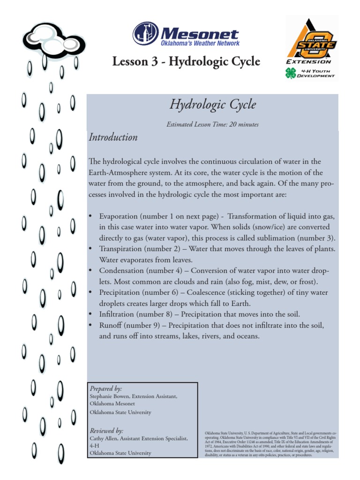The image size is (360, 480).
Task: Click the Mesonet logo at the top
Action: [x=186, y=34]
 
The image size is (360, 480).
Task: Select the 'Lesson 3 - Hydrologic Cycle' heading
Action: [x=186, y=61]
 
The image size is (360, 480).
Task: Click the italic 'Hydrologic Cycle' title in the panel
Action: [x=213, y=105]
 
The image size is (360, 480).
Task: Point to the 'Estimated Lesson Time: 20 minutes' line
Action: [x=212, y=125]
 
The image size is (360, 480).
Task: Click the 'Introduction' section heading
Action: [x=113, y=137]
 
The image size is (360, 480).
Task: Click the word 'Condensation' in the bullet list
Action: [x=121, y=271]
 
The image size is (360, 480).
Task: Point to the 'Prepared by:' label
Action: [x=105, y=389]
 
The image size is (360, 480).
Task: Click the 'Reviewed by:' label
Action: [x=106, y=431]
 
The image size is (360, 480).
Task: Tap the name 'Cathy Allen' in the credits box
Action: [x=101, y=438]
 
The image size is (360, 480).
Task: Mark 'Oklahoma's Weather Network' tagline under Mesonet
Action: [x=200, y=43]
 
